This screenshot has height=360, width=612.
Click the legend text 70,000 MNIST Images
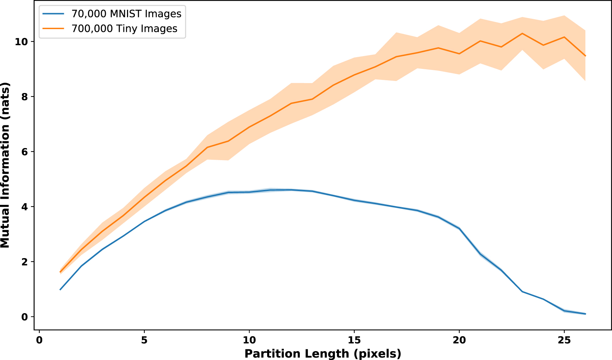[x=126, y=14]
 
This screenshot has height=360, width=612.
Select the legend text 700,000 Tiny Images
[x=124, y=29]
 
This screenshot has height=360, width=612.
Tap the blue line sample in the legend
[x=54, y=14]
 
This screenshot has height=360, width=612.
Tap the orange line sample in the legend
[x=54, y=29]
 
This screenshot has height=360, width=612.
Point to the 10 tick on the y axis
[x=21, y=42]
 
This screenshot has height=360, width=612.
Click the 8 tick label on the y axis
[x=24, y=97]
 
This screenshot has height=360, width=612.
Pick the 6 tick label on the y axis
[x=24, y=152]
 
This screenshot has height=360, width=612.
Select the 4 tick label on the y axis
[x=24, y=207]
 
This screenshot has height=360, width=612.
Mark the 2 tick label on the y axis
[x=24, y=262]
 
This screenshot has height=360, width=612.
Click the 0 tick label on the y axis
[x=24, y=317]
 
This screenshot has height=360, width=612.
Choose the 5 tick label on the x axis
[x=144, y=340]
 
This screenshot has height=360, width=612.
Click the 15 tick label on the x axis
[x=354, y=340]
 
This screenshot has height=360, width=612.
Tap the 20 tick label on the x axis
[x=459, y=340]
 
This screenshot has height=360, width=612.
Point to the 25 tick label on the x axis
[x=564, y=340]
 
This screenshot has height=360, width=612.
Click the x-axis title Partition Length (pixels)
[x=322, y=354]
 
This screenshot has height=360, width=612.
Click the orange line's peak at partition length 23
[x=522, y=33]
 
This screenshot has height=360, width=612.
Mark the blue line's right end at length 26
[x=585, y=314]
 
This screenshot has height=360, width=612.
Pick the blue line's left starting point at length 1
[x=60, y=290]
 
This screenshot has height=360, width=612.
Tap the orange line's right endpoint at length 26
[x=585, y=56]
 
